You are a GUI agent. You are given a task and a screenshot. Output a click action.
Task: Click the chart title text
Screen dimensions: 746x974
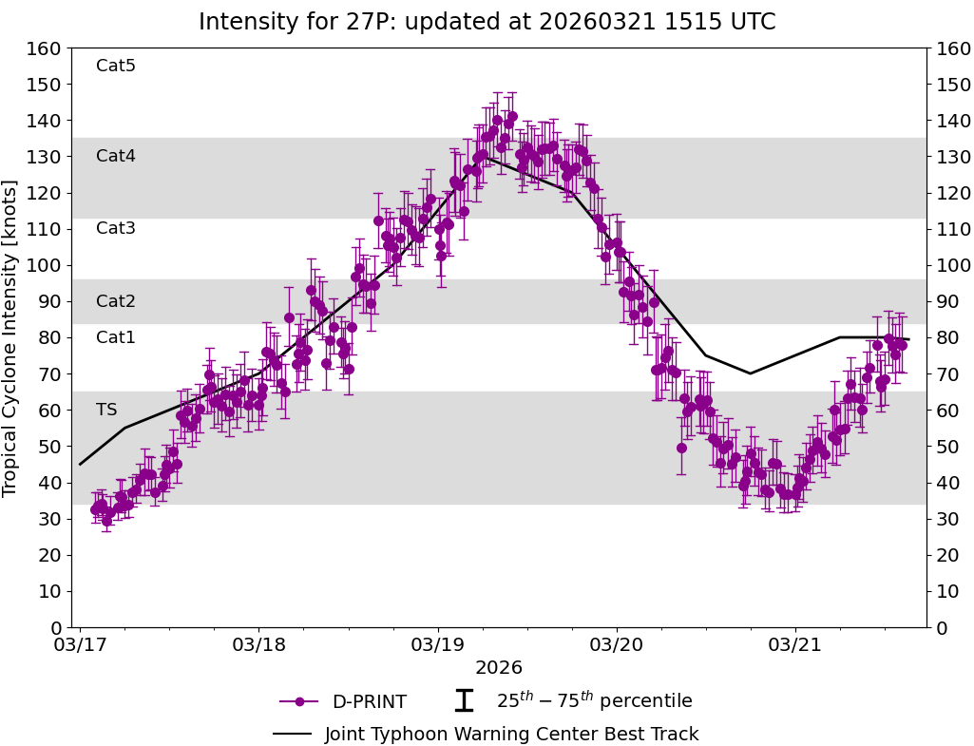coord(487,22)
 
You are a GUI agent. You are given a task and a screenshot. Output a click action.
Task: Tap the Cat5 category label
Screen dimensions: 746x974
coord(116,66)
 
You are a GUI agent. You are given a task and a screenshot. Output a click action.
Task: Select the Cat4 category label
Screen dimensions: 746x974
coord(116,156)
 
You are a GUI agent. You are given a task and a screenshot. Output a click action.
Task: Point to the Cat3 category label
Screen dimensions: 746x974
coord(116,228)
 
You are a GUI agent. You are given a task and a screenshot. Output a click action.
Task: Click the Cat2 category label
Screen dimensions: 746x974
coord(116,301)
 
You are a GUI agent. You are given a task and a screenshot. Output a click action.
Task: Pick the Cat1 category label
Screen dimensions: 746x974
coord(116,337)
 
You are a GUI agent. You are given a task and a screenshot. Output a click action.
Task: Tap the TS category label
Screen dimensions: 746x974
coord(106,410)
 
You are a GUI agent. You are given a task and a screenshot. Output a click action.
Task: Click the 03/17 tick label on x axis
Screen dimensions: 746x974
coord(81,644)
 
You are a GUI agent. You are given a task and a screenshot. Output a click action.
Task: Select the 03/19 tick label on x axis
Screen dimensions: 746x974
coord(438,644)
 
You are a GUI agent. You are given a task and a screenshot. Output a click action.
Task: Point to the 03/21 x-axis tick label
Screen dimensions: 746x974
coord(795,644)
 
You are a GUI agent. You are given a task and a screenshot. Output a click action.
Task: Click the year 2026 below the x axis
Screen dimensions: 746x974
coord(499,668)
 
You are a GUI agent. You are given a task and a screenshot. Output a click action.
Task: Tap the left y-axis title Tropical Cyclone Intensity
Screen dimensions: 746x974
coord(11,337)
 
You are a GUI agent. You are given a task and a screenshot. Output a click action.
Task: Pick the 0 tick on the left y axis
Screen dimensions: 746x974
coord(57,627)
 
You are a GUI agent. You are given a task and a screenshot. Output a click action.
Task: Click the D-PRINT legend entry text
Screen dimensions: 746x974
coord(369,702)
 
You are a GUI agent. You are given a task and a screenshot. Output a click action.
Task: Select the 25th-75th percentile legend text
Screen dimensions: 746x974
coord(594,701)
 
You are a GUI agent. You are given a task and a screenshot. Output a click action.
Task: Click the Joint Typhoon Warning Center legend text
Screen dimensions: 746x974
coord(511,734)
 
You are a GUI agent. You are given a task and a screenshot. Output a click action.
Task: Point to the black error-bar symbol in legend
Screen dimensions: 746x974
coord(464,701)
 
